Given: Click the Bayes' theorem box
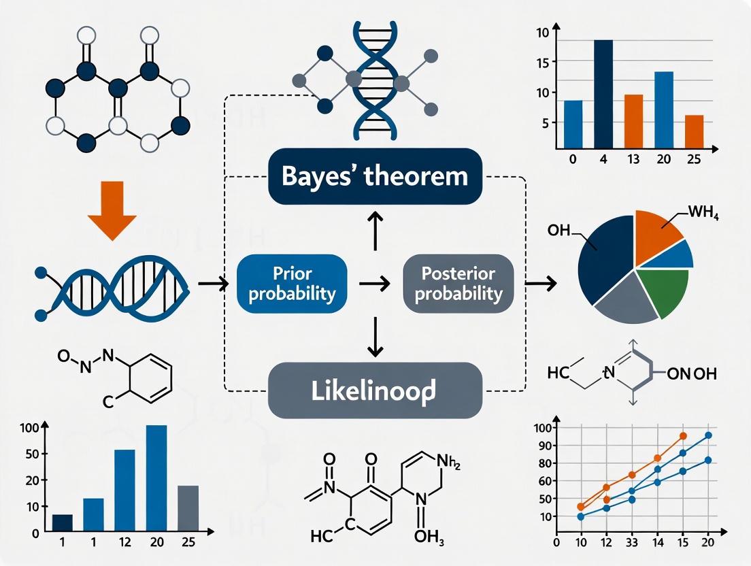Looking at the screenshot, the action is click(375, 176).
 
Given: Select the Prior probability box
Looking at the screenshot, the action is click(292, 284).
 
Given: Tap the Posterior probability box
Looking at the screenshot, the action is click(458, 284).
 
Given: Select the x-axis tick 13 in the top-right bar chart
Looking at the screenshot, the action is click(633, 161).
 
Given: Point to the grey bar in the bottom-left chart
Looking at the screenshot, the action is click(188, 510).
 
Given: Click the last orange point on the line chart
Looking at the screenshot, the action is click(684, 436).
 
